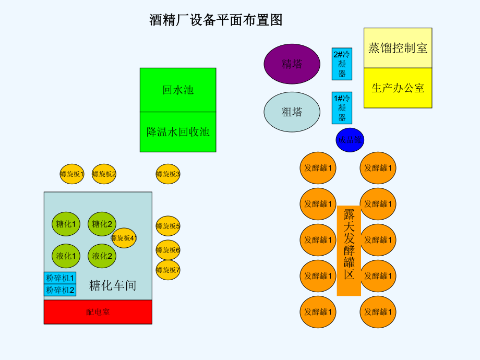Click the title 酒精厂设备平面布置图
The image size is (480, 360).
click(x=216, y=20)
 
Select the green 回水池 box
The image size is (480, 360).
click(x=178, y=90)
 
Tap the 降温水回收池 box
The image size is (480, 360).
click(x=178, y=132)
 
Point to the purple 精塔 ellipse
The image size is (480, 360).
click(x=292, y=64)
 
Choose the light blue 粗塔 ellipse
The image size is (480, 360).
click(x=292, y=112)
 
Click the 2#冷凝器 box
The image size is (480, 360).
click(x=342, y=64)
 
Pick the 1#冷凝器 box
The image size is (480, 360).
click(x=342, y=108)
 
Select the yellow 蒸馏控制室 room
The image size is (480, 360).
click(x=398, y=48)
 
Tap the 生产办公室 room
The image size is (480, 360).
click(x=398, y=88)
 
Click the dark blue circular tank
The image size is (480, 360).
click(x=350, y=140)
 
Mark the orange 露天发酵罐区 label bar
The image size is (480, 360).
click(x=349, y=250)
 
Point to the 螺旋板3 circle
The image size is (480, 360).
click(x=168, y=174)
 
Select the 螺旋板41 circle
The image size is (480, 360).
click(x=124, y=238)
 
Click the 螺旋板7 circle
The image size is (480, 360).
click(x=168, y=270)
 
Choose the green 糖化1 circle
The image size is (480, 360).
click(x=66, y=224)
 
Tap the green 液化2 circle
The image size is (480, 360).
click(x=102, y=256)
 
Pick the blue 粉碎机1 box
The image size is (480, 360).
click(x=60, y=278)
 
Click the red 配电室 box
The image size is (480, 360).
click(x=98, y=312)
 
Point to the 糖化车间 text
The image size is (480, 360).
click(x=113, y=285)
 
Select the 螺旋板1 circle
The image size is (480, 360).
click(x=72, y=174)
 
